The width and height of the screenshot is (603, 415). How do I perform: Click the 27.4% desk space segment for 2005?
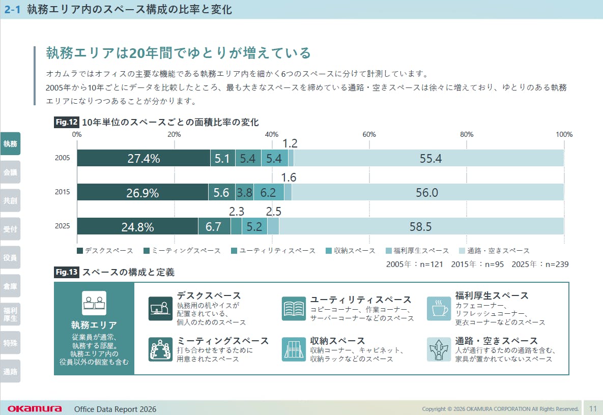(143, 158)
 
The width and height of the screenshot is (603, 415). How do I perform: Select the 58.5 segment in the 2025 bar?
(421, 226)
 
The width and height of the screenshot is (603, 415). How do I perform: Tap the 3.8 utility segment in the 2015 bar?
(244, 193)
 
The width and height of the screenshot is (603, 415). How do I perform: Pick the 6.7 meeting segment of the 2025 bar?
(214, 226)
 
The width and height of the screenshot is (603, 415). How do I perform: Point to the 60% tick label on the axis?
(369, 134)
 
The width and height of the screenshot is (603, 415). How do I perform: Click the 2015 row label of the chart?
(63, 193)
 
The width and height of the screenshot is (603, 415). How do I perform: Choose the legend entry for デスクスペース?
(105, 251)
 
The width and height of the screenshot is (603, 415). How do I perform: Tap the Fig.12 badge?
(66, 122)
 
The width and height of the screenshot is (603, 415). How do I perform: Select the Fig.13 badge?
(66, 272)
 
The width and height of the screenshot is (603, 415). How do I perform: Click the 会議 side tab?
(10, 172)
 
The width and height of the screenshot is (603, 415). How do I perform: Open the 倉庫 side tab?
(10, 286)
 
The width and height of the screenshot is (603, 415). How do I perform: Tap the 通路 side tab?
(10, 371)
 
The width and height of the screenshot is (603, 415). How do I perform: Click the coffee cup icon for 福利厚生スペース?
(439, 309)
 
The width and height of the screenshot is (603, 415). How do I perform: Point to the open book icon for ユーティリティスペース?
(294, 309)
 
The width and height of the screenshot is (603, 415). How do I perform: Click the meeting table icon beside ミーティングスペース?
(161, 349)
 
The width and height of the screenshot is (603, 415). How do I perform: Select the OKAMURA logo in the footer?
(35, 409)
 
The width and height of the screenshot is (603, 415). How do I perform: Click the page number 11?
(593, 408)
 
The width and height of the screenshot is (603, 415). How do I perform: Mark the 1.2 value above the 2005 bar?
(290, 144)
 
